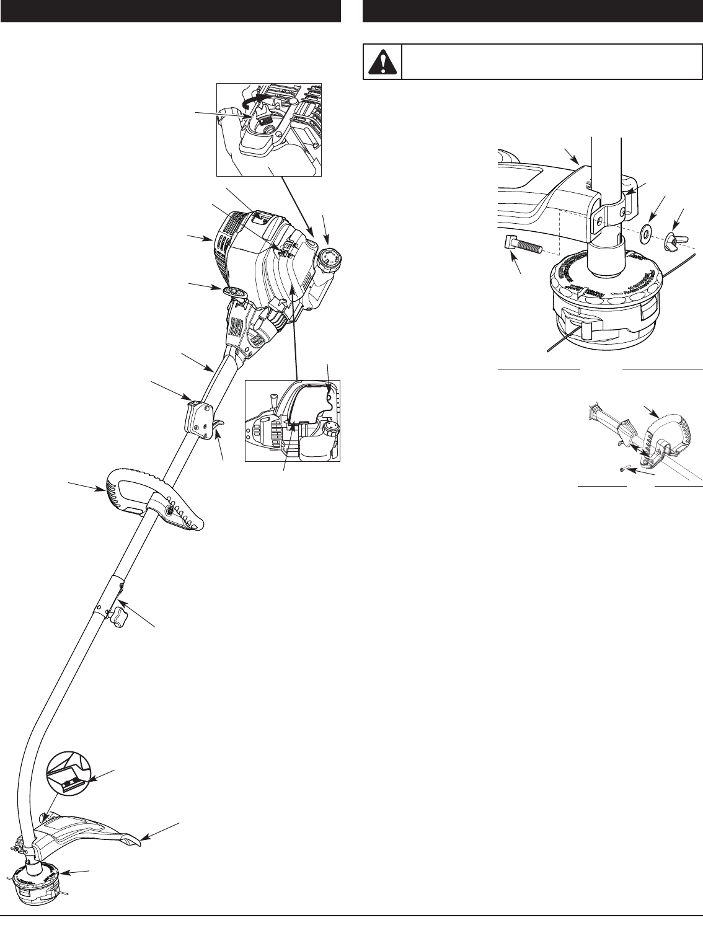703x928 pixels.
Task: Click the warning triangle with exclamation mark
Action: (382, 61)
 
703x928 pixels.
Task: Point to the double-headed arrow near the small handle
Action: (639, 450)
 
